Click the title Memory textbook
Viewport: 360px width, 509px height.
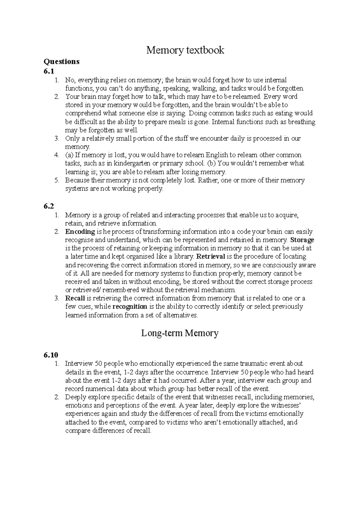[x=185, y=50]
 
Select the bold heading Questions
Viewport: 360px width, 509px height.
[x=61, y=62]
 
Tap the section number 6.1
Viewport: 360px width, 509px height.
[x=49, y=71]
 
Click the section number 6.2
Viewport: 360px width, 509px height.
[x=49, y=206]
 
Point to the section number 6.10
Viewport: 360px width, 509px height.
[x=51, y=355]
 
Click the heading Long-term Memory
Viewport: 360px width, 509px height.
[x=180, y=333]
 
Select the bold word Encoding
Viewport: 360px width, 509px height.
[x=80, y=232]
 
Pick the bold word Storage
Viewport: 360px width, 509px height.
[x=302, y=240]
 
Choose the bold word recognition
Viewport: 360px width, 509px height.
[x=130, y=307]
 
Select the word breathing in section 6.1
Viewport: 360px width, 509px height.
[x=301, y=122]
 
